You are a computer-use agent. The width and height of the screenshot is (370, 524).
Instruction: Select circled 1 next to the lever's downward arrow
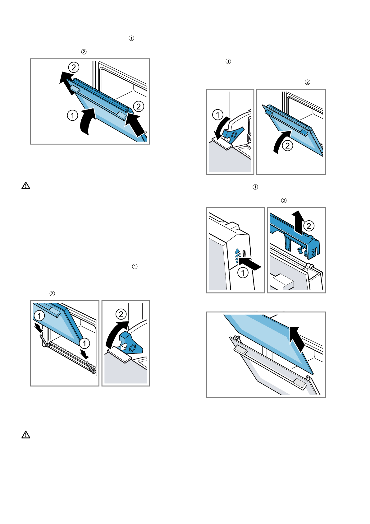[217, 115]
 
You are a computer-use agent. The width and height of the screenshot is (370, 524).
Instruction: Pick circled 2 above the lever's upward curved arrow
[121, 314]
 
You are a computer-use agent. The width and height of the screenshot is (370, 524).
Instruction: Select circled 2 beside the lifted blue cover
[308, 226]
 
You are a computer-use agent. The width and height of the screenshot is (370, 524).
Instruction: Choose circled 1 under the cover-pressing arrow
[243, 273]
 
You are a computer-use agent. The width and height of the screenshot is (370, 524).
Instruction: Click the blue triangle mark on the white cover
[237, 250]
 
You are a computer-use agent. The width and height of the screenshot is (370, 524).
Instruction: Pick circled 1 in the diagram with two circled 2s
[73, 115]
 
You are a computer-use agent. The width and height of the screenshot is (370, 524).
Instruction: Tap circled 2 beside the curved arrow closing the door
[288, 146]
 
